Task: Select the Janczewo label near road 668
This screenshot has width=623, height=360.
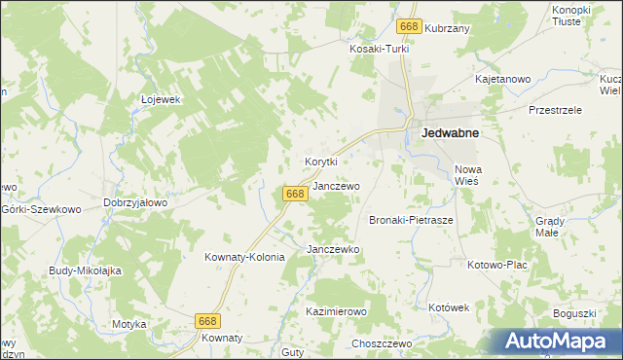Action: click(x=337, y=186)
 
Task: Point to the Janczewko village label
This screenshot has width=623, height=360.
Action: click(x=334, y=250)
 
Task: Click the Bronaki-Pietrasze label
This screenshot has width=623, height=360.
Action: click(x=411, y=221)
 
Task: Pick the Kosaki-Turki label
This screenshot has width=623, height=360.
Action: click(x=380, y=49)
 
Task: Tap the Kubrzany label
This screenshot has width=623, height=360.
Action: click(x=448, y=29)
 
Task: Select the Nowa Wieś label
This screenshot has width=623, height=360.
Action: click(x=468, y=175)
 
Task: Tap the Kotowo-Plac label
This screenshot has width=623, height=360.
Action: click(x=497, y=265)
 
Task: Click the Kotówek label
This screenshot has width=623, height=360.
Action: click(x=449, y=307)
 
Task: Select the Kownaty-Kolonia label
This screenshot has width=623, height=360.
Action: click(x=244, y=258)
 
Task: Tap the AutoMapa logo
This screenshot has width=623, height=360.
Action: click(x=555, y=342)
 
